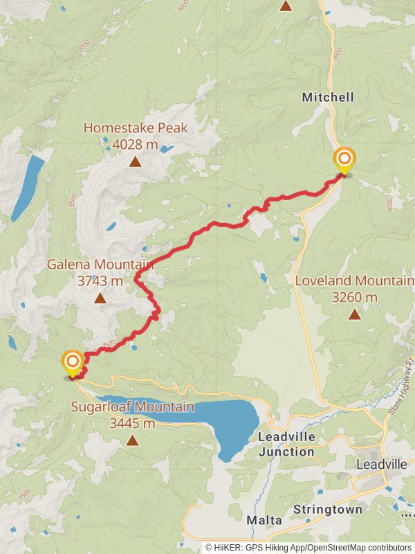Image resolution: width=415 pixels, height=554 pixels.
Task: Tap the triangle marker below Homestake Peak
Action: pyautogui.click(x=135, y=163)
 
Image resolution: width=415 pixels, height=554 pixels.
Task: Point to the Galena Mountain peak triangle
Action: pyautogui.click(x=100, y=298)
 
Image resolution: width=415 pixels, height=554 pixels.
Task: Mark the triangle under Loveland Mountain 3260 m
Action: pyautogui.click(x=354, y=314)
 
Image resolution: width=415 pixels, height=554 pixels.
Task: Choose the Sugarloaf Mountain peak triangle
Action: pyautogui.click(x=131, y=440)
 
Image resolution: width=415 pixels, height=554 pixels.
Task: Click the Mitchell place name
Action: pyautogui.click(x=328, y=98)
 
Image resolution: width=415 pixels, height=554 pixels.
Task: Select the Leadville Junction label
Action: pyautogui.click(x=286, y=445)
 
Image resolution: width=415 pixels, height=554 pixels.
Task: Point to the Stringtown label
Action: pyautogui.click(x=327, y=510)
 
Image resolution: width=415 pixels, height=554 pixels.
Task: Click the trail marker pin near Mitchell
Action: pyautogui.click(x=344, y=160)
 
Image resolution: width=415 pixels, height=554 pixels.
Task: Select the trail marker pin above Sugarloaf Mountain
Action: pyautogui.click(x=73, y=362)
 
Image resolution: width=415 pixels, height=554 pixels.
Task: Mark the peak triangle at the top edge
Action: pyautogui.click(x=286, y=6)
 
